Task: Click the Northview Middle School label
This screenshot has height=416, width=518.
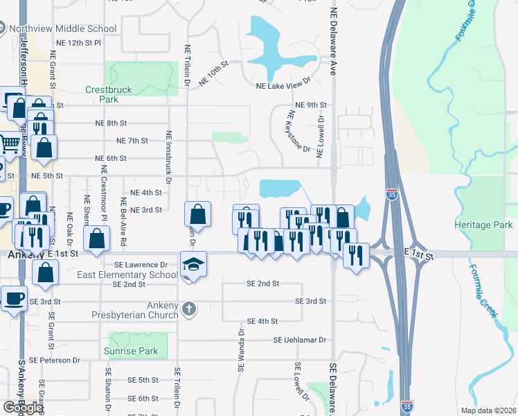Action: tap(63, 29)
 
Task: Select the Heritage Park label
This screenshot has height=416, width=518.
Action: tap(483, 225)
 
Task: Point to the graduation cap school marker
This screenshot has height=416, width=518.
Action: tap(193, 264)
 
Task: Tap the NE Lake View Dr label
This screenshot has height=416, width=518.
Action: tap(283, 86)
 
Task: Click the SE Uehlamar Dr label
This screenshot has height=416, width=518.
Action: tap(299, 340)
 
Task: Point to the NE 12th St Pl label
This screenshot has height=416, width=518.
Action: tap(78, 43)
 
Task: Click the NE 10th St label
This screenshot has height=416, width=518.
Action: tap(213, 76)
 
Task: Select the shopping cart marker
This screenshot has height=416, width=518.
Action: tap(10, 144)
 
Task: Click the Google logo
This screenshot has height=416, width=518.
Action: tap(22, 408)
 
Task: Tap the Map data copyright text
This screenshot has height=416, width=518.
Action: tap(488, 410)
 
